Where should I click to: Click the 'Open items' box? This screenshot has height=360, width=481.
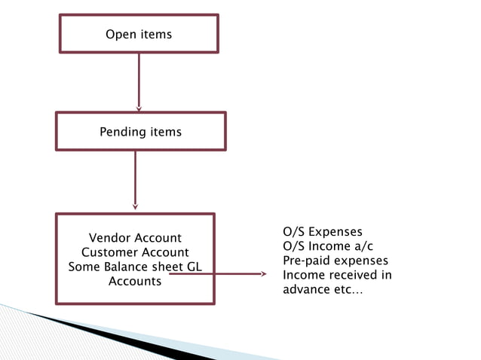click(x=139, y=34)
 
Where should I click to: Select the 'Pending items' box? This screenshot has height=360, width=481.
click(x=140, y=132)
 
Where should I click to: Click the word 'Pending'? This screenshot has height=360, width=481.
click(x=124, y=133)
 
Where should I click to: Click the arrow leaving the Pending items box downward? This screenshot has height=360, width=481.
click(x=135, y=179)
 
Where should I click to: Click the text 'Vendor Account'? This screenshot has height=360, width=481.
click(x=135, y=239)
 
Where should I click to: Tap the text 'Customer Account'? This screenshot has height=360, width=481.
click(x=135, y=253)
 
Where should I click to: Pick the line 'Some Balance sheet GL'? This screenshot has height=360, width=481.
click(x=135, y=267)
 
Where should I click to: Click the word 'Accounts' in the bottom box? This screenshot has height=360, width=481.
click(x=135, y=282)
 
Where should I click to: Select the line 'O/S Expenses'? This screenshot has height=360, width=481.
click(x=322, y=231)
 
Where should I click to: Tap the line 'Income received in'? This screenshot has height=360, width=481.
click(x=337, y=275)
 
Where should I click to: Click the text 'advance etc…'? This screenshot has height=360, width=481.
click(x=322, y=290)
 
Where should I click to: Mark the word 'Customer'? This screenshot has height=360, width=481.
click(x=108, y=253)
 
